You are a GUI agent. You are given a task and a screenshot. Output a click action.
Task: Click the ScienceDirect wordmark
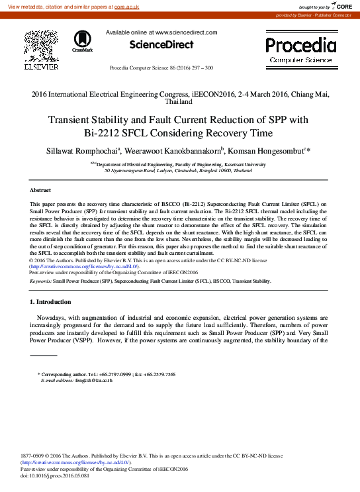pos(161,45)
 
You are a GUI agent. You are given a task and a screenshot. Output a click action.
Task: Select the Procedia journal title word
pos(300,45)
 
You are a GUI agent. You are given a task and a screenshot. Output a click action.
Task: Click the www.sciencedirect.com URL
pos(186,32)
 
